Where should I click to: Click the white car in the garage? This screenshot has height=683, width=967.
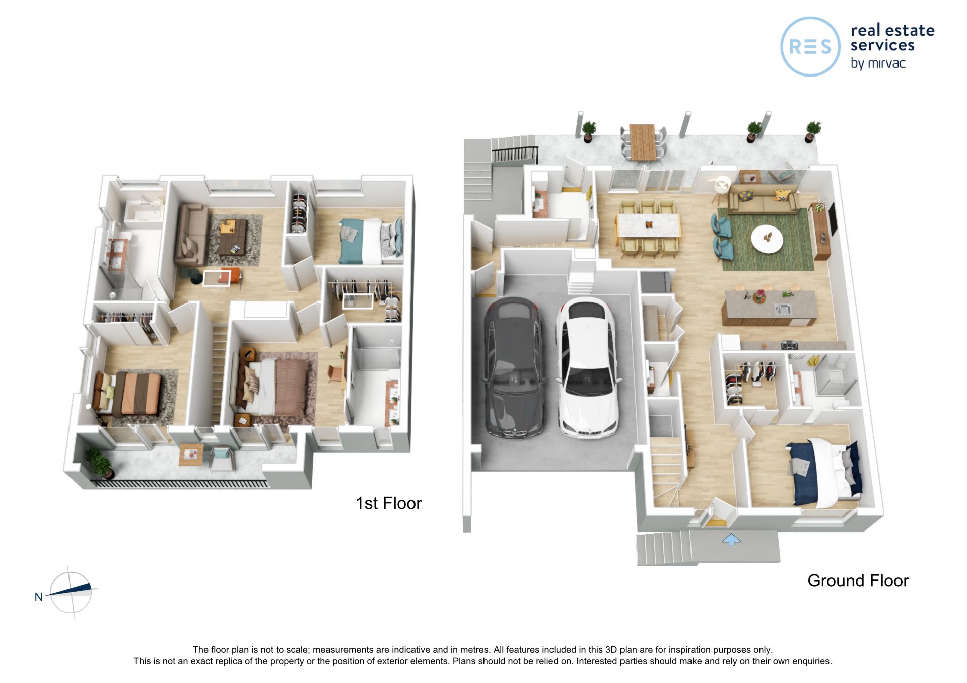pos(587,367)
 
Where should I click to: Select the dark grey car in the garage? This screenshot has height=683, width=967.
pos(514,367)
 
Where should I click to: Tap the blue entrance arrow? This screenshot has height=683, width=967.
pos(731,540)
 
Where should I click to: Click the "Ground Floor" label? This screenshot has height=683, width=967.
pos(858,580)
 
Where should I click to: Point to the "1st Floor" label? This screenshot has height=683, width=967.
pos(388,503)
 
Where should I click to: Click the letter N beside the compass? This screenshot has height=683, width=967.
pos(38,597)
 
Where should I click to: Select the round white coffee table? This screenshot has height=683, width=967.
pos(767,238)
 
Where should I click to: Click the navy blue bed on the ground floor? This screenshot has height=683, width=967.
pos(824,473)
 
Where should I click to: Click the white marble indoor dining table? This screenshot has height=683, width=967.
pos(648,225)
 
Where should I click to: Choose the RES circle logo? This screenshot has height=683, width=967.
pos(810,46)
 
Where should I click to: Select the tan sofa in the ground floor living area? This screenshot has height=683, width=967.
pos(763,199)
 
